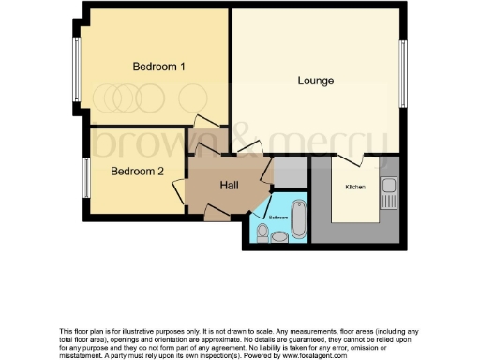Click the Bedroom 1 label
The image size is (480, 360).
(x=158, y=67)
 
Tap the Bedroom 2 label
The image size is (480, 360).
(x=138, y=172)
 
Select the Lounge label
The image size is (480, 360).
(x=316, y=81)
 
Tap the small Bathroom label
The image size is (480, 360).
(x=278, y=217)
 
